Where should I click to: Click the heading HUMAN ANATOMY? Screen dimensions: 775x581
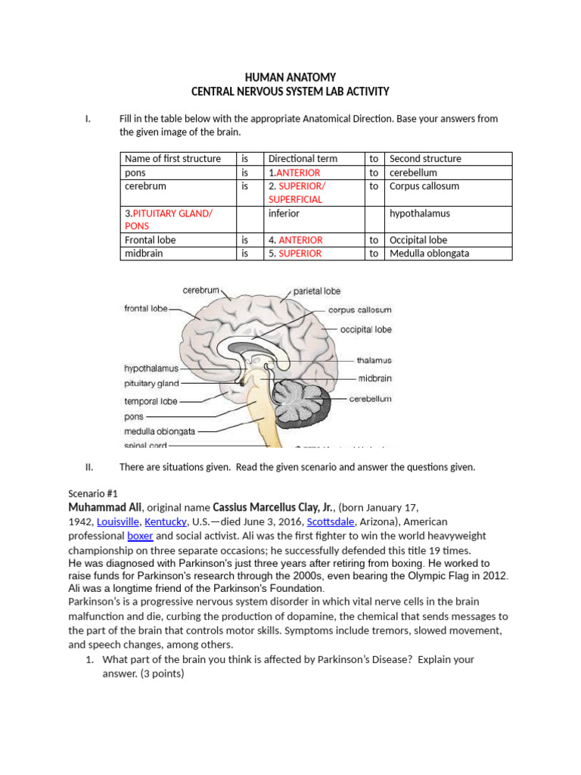click(290, 77)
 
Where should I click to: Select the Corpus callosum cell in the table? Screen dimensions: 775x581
click(424, 186)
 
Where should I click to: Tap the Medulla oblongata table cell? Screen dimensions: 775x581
click(428, 254)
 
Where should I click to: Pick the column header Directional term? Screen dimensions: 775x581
click(303, 159)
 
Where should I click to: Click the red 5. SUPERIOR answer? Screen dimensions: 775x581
click(295, 254)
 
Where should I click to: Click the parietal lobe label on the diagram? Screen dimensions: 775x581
click(316, 291)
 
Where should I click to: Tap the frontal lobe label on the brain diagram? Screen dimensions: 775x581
click(145, 309)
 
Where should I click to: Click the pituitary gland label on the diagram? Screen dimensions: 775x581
click(151, 384)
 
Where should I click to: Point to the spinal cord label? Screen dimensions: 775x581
click(147, 446)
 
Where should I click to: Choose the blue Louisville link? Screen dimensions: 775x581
click(117, 522)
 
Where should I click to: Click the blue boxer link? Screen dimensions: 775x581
click(140, 536)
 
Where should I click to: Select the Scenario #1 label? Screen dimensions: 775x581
click(89, 492)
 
